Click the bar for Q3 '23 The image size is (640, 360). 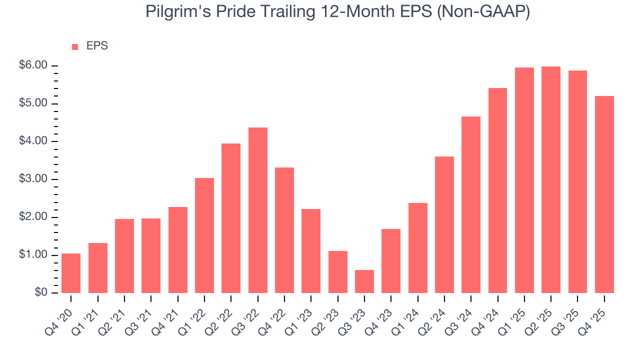[x=364, y=281]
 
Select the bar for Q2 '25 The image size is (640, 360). [x=551, y=180]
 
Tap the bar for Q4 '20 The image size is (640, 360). [x=71, y=273]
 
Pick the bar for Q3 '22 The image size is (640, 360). [x=258, y=210]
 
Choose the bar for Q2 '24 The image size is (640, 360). [x=444, y=224]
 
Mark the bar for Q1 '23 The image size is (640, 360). [x=311, y=250]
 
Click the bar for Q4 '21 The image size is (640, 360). [x=178, y=249]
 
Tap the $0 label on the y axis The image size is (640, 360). [x=41, y=293]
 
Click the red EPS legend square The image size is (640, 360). [x=75, y=47]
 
